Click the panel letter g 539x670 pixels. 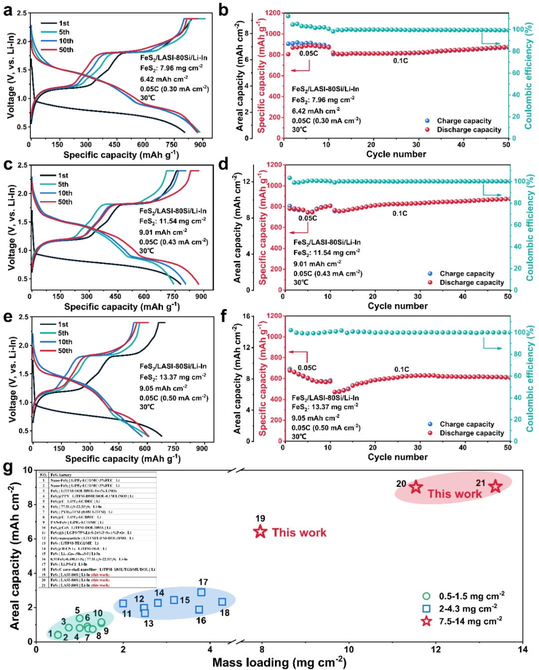click(7, 468)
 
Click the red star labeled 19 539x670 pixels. click(260, 532)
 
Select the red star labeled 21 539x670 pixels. click(495, 486)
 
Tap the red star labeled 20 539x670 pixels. click(416, 487)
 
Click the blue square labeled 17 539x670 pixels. click(201, 592)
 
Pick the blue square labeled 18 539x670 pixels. click(222, 602)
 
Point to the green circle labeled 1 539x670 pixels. click(58, 635)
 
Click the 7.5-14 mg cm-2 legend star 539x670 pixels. click(426, 621)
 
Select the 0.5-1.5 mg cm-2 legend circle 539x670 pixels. click(426, 596)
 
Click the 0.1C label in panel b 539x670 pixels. click(400, 61)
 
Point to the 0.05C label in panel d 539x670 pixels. click(307, 218)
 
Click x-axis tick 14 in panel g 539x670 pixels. click(523, 650)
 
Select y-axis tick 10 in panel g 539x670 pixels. click(27, 470)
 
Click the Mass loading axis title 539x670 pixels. click(279, 663)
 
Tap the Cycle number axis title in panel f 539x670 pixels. click(397, 457)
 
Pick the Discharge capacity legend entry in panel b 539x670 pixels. click(469, 130)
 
